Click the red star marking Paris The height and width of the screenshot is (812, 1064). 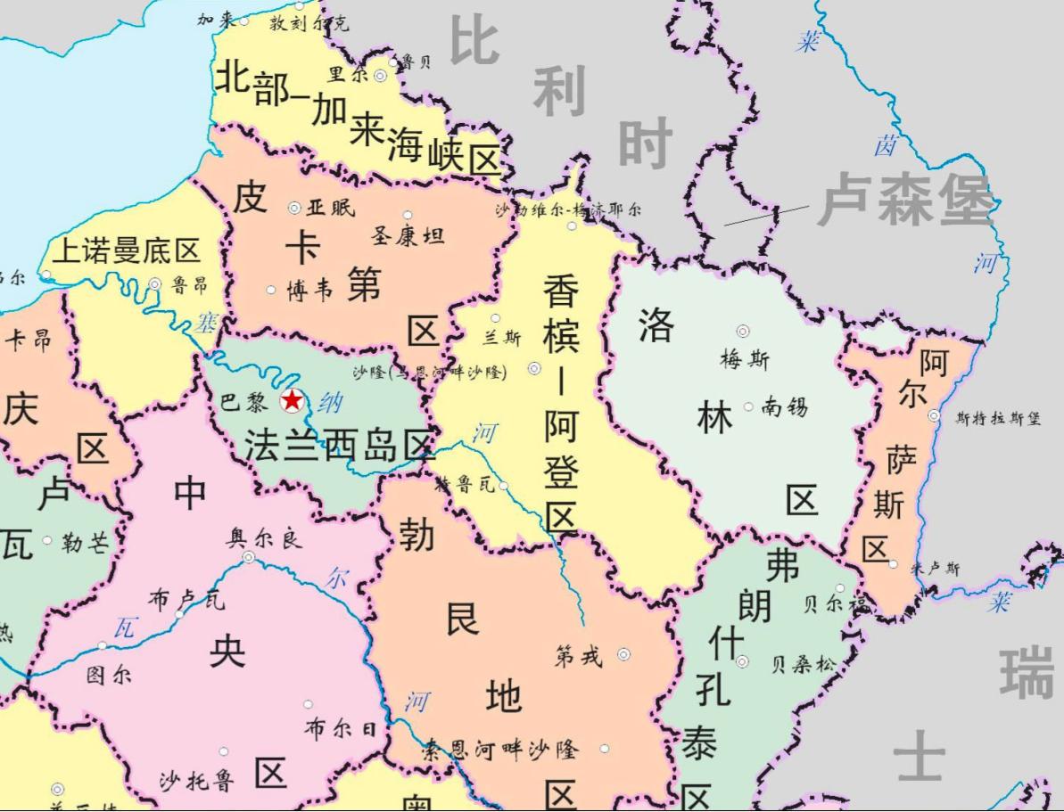[x=293, y=401]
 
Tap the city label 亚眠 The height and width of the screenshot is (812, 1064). [x=331, y=208]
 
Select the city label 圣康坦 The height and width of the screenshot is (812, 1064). [x=408, y=236]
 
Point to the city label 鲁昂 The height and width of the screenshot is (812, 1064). [x=189, y=285]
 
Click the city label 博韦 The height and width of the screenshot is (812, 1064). [x=309, y=291]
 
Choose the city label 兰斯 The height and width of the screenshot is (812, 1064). [x=501, y=338]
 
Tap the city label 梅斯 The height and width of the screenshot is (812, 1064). [x=745, y=359]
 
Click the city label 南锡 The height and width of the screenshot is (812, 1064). [x=785, y=407]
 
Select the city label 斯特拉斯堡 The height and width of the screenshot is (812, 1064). [x=997, y=418]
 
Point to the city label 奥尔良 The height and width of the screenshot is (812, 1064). [x=266, y=538]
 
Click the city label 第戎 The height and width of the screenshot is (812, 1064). [x=579, y=657]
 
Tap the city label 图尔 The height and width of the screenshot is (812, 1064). [x=109, y=675]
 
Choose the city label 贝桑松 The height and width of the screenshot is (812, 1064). [x=804, y=665]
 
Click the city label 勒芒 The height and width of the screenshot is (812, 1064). [x=85, y=543]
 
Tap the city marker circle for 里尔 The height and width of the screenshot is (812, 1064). [x=380, y=76]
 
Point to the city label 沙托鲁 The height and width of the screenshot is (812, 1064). [x=197, y=781]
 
